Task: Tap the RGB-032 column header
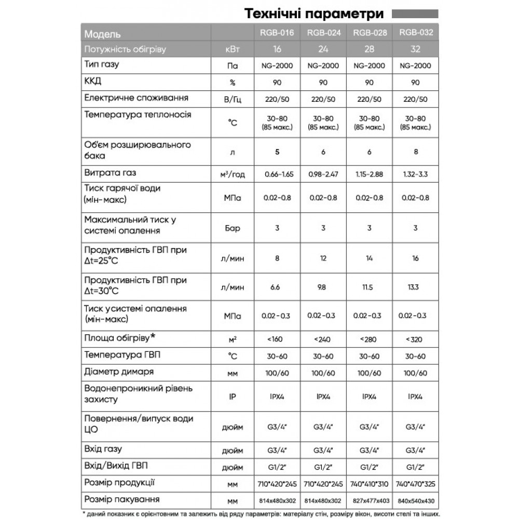[415, 33]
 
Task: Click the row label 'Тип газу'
[101, 65]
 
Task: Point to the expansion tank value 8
[415, 152]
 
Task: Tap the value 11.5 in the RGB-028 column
[368, 287]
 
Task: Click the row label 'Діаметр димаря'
[119, 372]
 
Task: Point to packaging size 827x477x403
[368, 501]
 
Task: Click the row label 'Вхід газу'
[103, 449]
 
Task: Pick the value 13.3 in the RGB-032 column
[415, 287]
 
